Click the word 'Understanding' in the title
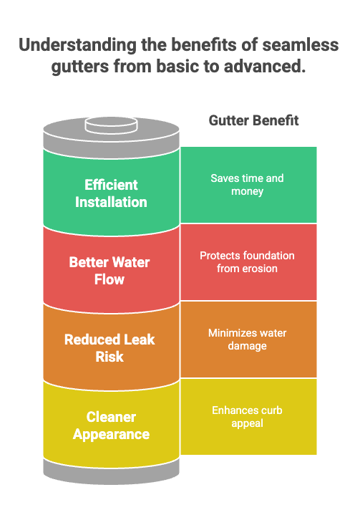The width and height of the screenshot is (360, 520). pos(77,45)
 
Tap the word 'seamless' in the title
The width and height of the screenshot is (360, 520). pos(301,44)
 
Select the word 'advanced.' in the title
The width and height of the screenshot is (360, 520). pos(265,66)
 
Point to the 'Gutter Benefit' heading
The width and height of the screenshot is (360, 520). pos(253,120)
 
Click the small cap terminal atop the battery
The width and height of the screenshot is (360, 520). pos(111,125)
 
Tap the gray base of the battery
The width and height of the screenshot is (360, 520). pos(112,473)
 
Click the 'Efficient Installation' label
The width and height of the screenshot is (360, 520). pos(111,193)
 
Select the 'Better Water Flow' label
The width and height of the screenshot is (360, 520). pos(110,271)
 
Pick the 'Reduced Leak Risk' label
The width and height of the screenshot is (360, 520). pos(110,348)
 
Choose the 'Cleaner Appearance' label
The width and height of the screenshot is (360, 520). pos(111,425)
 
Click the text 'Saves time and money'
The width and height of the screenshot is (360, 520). pos(248,185)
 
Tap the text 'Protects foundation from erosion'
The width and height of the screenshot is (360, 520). pos(248,262)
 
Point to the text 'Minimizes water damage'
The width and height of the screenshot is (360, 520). pos(248,340)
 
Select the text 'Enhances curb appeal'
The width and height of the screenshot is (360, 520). pos(248,417)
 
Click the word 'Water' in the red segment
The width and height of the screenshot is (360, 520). pos(132,262)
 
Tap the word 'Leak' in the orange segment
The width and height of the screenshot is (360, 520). pos(139,340)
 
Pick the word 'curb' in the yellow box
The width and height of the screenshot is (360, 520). pos(271,410)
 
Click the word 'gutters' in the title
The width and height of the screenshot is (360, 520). pos(80,67)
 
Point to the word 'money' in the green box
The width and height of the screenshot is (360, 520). pos(248,192)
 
